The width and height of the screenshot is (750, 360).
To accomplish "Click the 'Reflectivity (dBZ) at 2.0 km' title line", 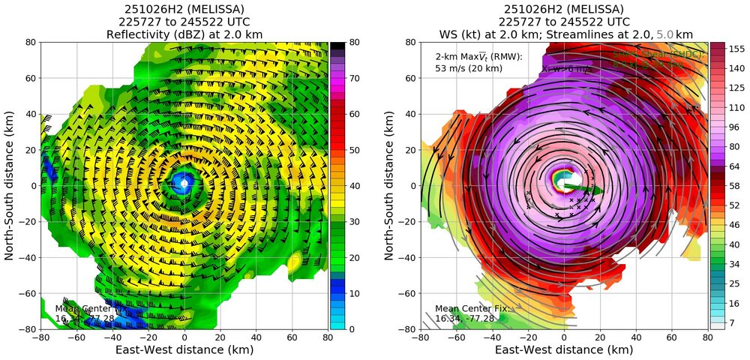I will coord(184,34).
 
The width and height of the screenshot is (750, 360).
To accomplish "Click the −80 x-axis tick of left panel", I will coord(40,337).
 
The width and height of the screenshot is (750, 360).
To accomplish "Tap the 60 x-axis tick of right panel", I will coord(671,337).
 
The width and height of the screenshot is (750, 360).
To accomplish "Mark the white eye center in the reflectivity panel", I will coord(184,184).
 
